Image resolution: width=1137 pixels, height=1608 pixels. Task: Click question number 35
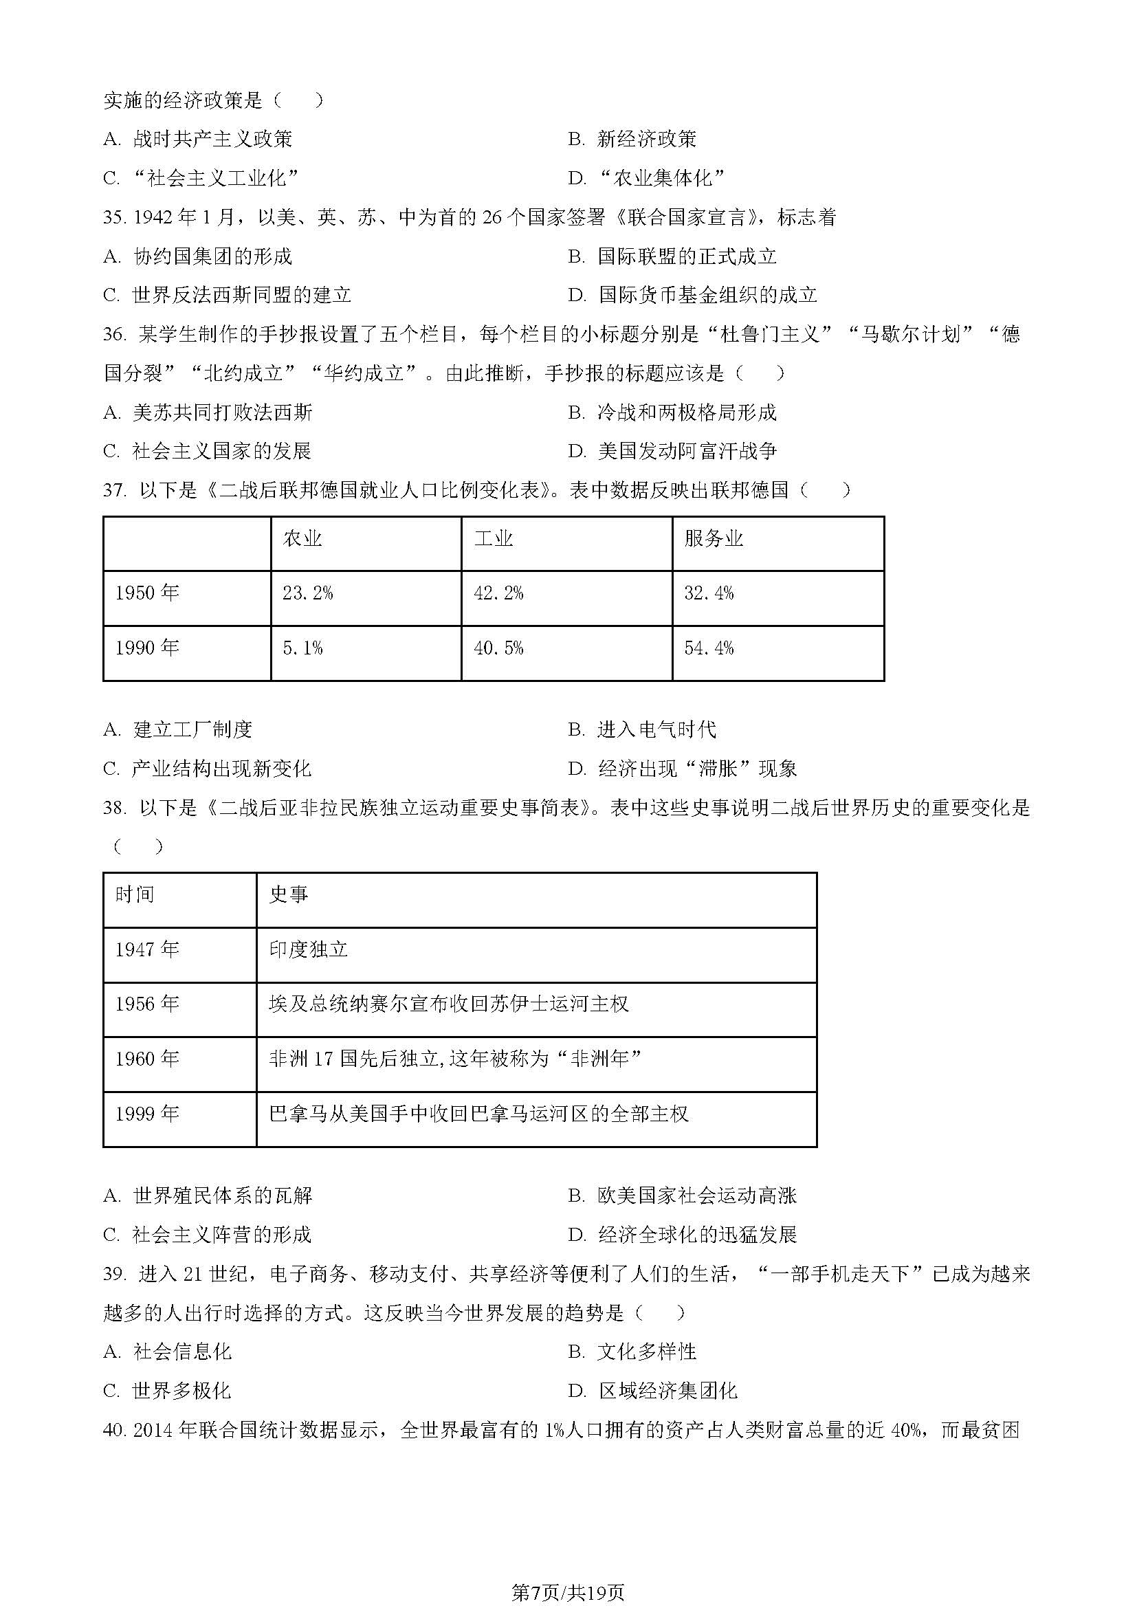(113, 218)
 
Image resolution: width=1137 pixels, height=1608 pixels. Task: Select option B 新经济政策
(633, 140)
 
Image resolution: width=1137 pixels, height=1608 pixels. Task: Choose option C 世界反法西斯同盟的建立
(227, 295)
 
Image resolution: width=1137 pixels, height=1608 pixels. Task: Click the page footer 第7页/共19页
(568, 1587)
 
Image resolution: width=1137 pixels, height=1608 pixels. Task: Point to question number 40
(113, 1430)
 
